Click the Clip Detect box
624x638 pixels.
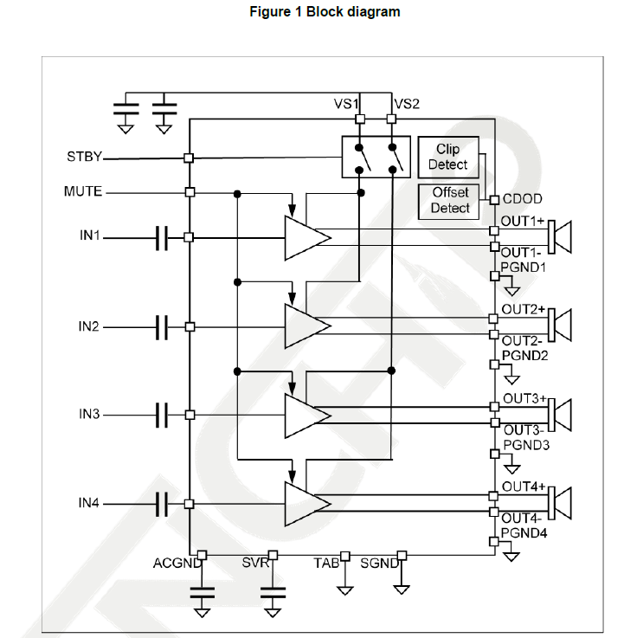point(447,157)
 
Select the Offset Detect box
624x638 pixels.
point(448,201)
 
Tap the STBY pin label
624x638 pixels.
point(84,158)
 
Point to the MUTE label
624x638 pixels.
point(83,191)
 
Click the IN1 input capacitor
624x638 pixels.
point(161,237)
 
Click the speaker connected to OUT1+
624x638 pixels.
point(562,237)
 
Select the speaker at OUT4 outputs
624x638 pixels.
point(562,504)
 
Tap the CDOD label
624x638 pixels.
point(523,199)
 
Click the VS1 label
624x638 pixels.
point(346,104)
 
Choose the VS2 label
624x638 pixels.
point(407,104)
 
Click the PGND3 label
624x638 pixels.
point(524,445)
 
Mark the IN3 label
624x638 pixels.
point(89,415)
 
